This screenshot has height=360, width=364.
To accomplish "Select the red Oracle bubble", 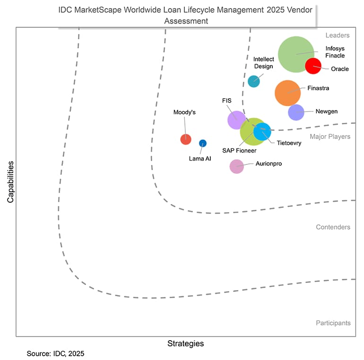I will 313,66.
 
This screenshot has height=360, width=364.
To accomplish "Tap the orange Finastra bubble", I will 287,93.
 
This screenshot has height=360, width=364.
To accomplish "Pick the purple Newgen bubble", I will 296,112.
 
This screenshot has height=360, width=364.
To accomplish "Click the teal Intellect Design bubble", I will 254,81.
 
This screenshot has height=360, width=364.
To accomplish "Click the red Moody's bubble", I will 186,139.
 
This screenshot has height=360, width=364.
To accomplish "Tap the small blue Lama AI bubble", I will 202,143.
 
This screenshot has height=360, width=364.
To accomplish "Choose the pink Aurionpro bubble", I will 236,166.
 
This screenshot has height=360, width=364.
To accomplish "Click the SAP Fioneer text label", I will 239,151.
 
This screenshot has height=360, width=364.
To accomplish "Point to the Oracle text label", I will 339,69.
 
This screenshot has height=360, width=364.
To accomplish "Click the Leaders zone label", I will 337,35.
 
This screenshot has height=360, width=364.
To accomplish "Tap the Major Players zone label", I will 330,137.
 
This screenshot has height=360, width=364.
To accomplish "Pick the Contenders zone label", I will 333,227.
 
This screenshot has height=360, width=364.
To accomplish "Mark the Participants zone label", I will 333,323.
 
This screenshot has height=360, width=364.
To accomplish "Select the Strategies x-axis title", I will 185,343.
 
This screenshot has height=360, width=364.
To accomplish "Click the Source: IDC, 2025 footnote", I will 55,353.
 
